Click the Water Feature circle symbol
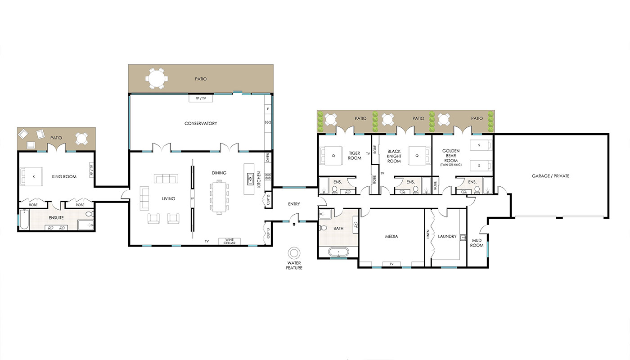pyautogui.click(x=294, y=253)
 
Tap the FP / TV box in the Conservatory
pyautogui.click(x=201, y=99)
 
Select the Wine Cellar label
pyautogui.click(x=229, y=241)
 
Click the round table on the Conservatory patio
pyautogui.click(x=157, y=79)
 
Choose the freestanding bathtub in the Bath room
pyautogui.click(x=338, y=252)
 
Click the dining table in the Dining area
pyautogui.click(x=219, y=197)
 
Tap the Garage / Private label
pyautogui.click(x=550, y=176)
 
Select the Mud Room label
pyautogui.click(x=477, y=243)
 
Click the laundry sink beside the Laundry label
pyautogui.click(x=463, y=238)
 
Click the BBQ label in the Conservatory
pyautogui.click(x=268, y=122)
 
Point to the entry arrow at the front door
pyautogui.click(x=294, y=224)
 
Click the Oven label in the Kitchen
pyautogui.click(x=268, y=157)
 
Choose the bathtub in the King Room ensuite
pyautogui.click(x=24, y=220)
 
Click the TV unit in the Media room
pyautogui.click(x=391, y=264)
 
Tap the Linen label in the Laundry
pyautogui.click(x=428, y=234)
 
